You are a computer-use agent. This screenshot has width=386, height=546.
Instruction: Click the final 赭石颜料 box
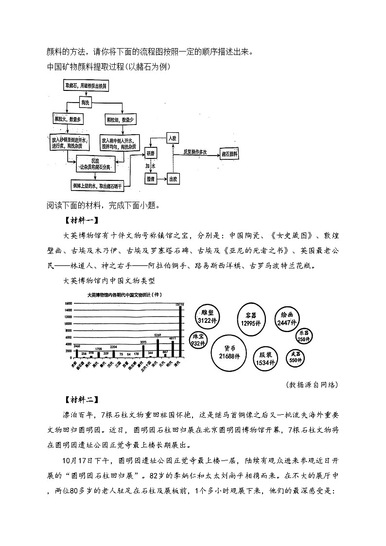(x=232, y=154)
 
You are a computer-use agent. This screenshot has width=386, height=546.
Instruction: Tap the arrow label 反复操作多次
(x=195, y=152)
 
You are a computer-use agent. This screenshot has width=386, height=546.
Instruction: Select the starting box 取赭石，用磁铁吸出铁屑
(x=86, y=86)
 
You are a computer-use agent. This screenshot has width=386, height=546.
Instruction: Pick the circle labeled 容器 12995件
(x=250, y=318)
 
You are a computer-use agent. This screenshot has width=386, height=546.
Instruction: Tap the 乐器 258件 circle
(x=304, y=336)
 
